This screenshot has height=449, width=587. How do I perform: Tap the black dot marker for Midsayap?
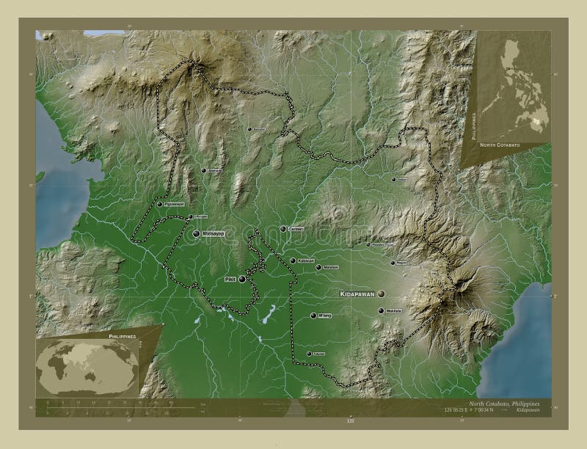tap(196, 233)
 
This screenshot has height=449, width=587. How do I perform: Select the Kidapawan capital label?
tap(357, 293)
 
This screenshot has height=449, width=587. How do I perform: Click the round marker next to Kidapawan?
tap(381, 293)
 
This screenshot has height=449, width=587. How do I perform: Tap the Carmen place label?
tap(296, 229)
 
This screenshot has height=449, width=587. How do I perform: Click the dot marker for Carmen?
tap(283, 229)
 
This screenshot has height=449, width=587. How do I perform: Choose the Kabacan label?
tap(306, 260)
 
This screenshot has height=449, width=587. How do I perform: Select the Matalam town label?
tap(331, 267)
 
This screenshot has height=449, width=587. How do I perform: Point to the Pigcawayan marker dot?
tap(159, 204)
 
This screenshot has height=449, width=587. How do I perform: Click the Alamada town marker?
tap(203, 170)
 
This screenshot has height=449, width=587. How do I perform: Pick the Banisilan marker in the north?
tap(249, 129)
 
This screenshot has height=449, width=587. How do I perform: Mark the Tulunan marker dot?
tap(309, 354)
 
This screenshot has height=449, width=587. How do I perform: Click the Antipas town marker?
tap(393, 179)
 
